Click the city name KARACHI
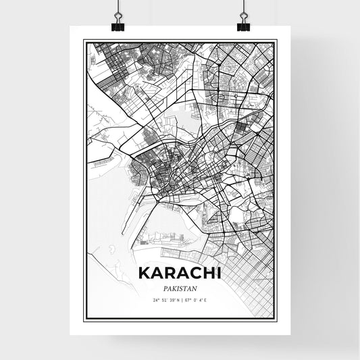pos(180,274)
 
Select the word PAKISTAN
pos(180,288)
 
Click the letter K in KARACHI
pos(143,274)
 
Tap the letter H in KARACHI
pos(206,274)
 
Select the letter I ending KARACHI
pos(217,274)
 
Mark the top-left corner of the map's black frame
pos(84,40)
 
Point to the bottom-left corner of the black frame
pos(84,322)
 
